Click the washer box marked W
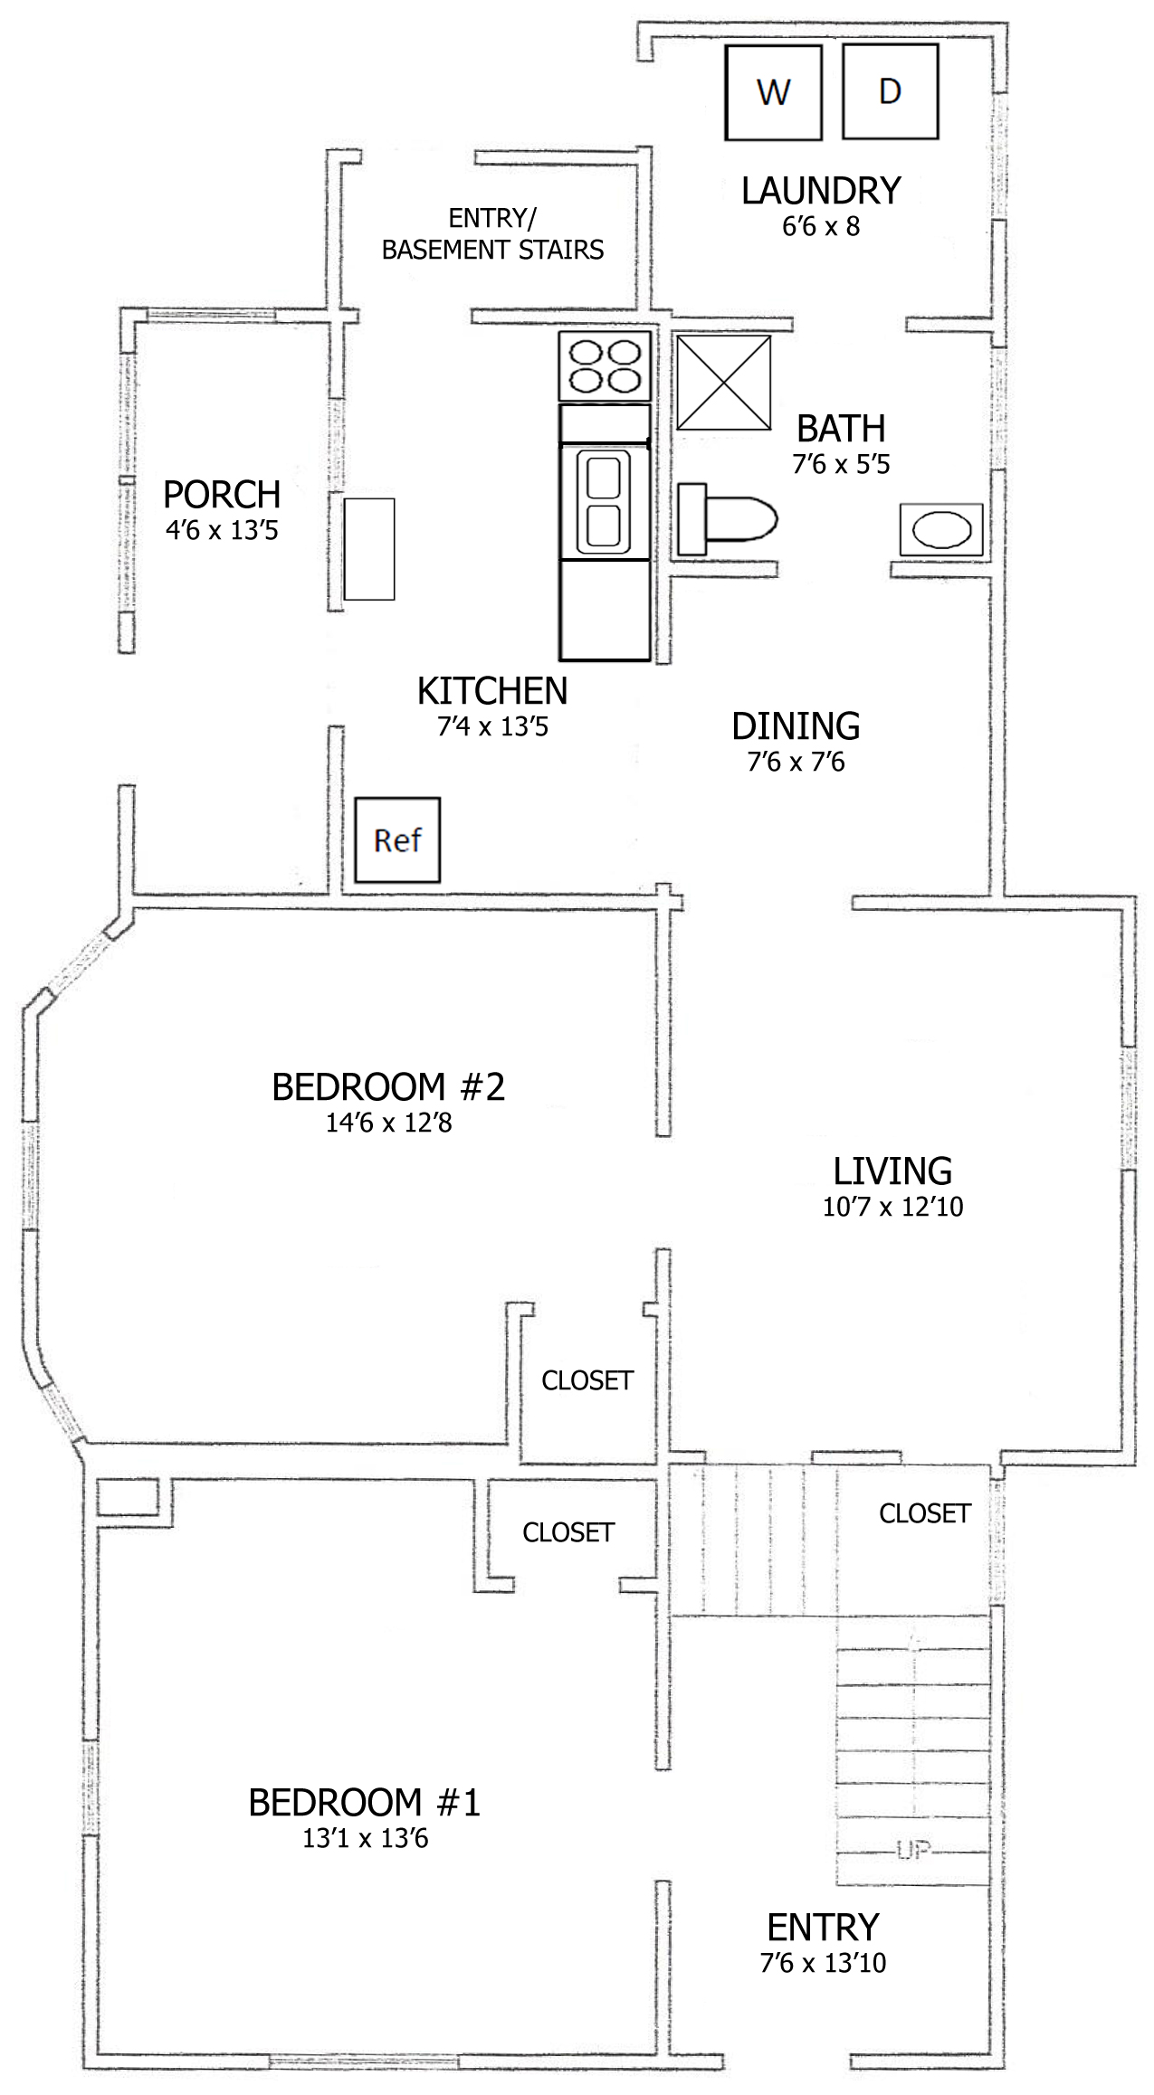773,92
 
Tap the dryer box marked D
890,91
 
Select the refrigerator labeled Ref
397,839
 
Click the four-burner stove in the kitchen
605,366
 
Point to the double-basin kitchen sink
604,502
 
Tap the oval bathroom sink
941,529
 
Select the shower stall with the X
724,383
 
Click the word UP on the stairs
914,1850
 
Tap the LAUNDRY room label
821,191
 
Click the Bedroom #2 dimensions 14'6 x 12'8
389,1123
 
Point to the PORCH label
222,495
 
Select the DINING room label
796,726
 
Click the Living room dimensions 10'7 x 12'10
892,1207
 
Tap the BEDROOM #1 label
364,1803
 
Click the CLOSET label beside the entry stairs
925,1513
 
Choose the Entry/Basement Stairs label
492,234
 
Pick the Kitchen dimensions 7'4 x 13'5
492,726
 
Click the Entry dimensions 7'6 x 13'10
823,1963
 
